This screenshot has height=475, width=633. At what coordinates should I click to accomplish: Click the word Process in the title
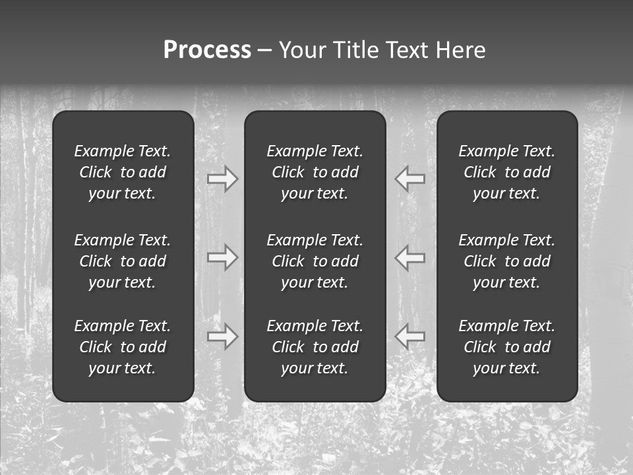click(207, 50)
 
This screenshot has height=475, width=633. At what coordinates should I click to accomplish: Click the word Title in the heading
click(357, 50)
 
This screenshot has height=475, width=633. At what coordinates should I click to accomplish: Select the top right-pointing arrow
click(222, 179)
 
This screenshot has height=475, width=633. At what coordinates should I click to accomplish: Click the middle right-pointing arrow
click(222, 257)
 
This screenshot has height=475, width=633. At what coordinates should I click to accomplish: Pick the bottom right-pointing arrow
click(222, 336)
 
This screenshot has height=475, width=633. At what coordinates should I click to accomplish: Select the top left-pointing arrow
click(410, 179)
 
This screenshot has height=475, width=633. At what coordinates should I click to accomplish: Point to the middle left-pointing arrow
click(410, 257)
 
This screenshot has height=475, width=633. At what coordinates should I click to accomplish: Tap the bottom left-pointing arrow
click(410, 336)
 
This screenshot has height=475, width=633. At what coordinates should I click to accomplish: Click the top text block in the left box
click(123, 172)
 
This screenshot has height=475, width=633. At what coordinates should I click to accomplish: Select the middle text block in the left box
click(123, 261)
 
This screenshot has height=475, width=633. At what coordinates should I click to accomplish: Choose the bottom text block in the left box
click(123, 347)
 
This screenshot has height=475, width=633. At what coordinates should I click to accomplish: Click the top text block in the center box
click(315, 172)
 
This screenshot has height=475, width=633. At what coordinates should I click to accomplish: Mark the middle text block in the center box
click(315, 261)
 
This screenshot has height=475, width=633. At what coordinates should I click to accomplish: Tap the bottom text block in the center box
click(315, 347)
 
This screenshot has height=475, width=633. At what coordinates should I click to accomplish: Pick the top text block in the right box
click(507, 172)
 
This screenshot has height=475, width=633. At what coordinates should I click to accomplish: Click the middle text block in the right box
click(507, 261)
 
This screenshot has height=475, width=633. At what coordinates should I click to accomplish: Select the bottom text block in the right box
click(507, 347)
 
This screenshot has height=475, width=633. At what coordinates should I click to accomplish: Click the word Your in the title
click(303, 50)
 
